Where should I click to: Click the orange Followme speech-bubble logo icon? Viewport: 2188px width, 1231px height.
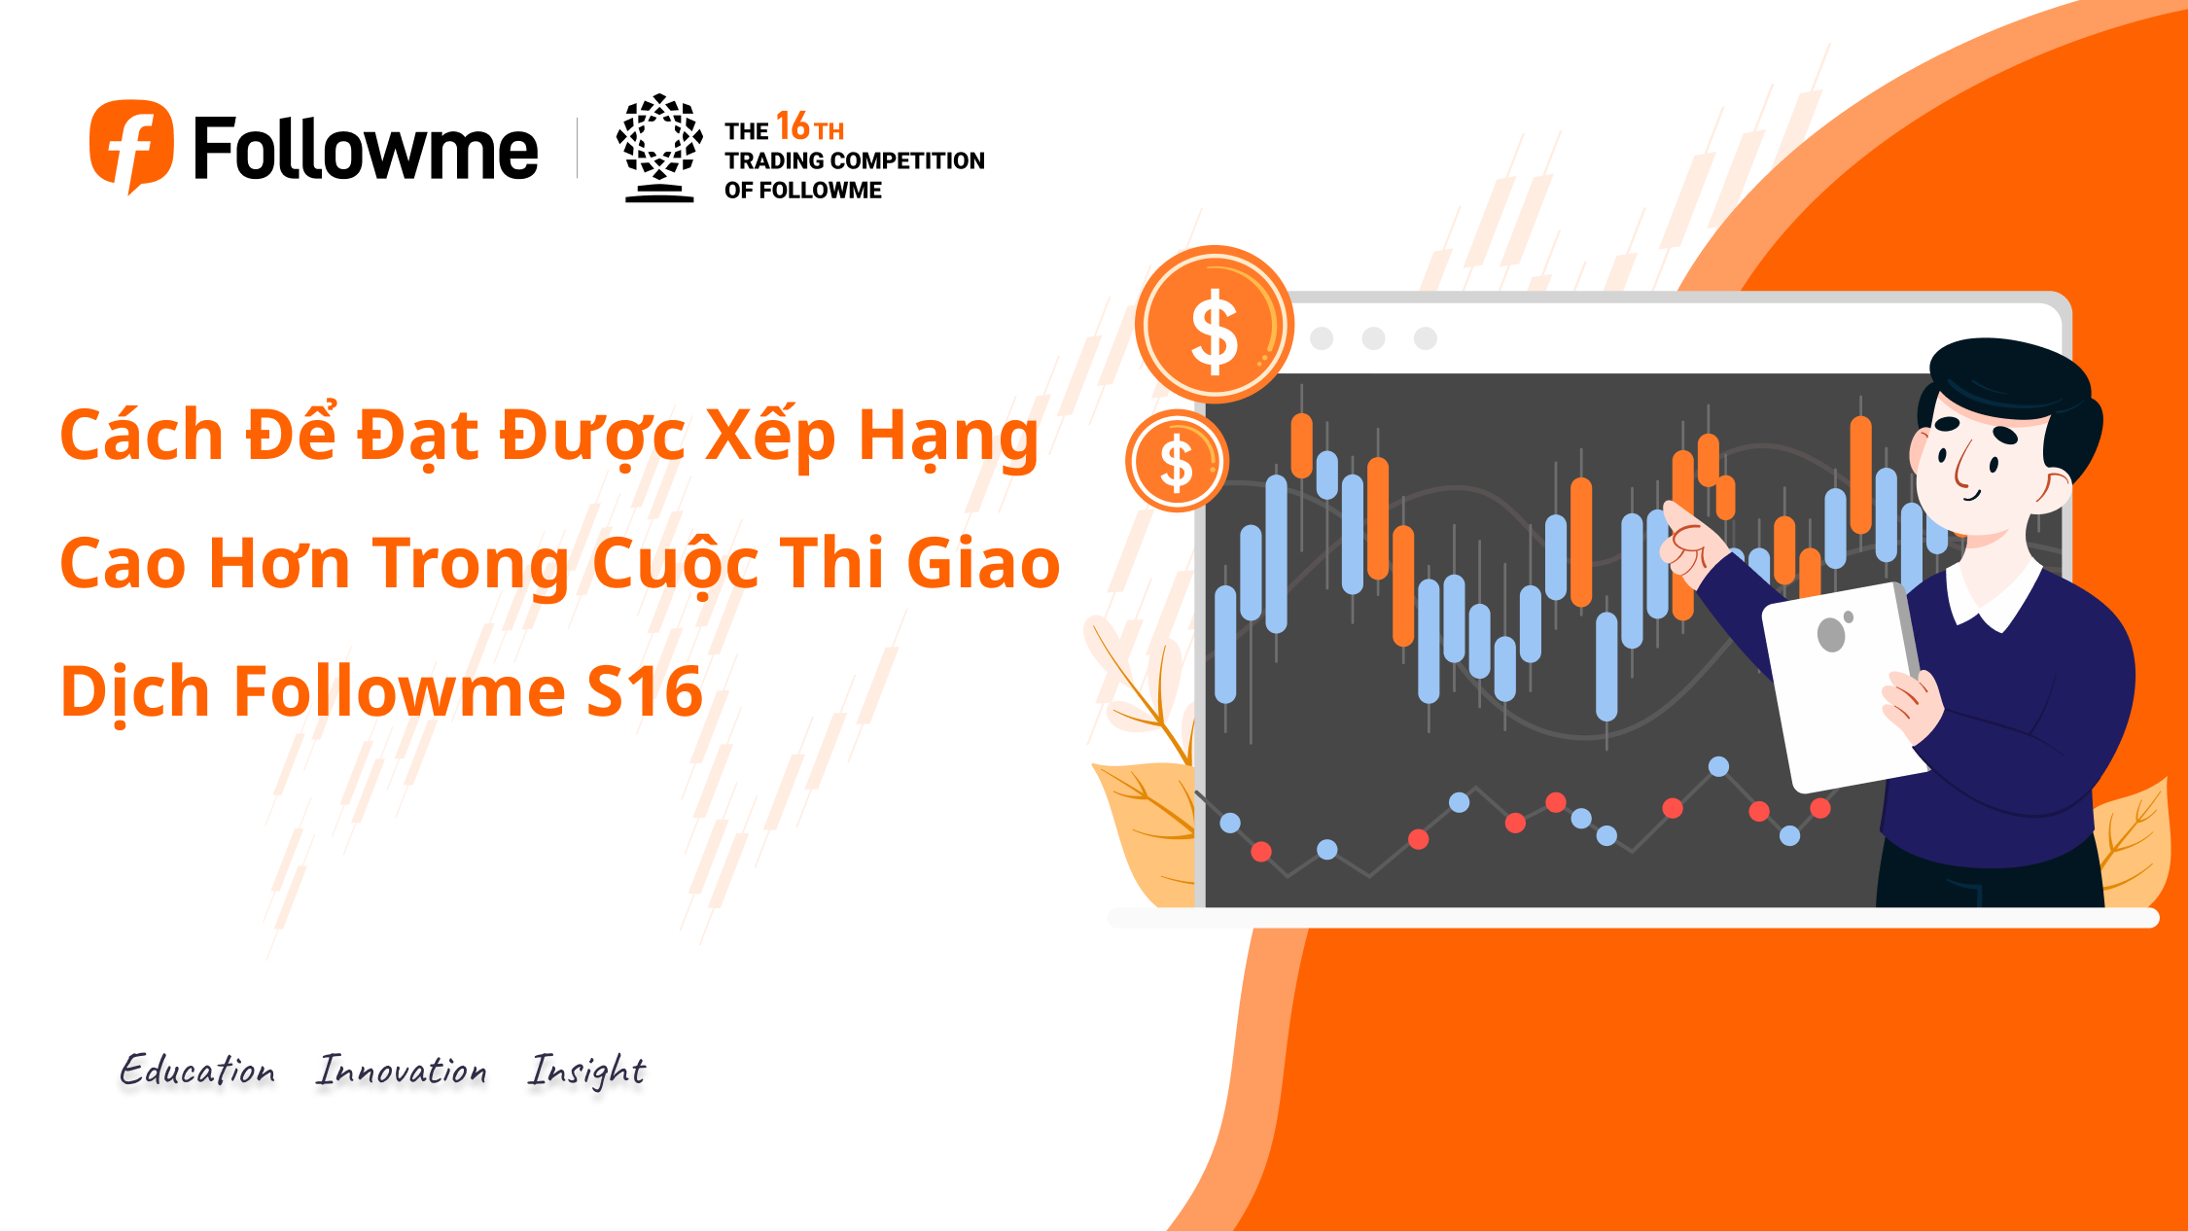coord(132,146)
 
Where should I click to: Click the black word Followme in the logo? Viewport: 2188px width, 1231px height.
coord(366,148)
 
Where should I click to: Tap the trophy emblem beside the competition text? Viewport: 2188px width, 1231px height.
coord(659,148)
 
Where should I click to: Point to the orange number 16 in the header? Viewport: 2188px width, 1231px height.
coord(793,125)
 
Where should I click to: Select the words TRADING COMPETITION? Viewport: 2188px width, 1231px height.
coord(855,160)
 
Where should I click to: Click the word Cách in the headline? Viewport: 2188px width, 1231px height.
coord(142,434)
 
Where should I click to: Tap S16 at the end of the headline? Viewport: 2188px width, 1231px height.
coord(645,690)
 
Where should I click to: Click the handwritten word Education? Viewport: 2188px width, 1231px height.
coord(197,1070)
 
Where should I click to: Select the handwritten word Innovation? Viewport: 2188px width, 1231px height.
coord(401,1070)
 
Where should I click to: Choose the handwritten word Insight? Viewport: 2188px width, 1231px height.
coord(586,1072)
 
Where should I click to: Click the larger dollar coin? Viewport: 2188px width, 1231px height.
coord(1215,325)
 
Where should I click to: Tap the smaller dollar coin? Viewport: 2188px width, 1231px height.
coord(1178,461)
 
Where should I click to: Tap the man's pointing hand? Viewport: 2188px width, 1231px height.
coord(1690,545)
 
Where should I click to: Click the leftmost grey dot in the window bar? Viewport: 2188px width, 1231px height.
coord(1322,338)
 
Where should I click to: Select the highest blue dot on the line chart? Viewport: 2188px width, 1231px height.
coord(1718,766)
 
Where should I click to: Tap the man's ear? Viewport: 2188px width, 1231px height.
coord(2055,490)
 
